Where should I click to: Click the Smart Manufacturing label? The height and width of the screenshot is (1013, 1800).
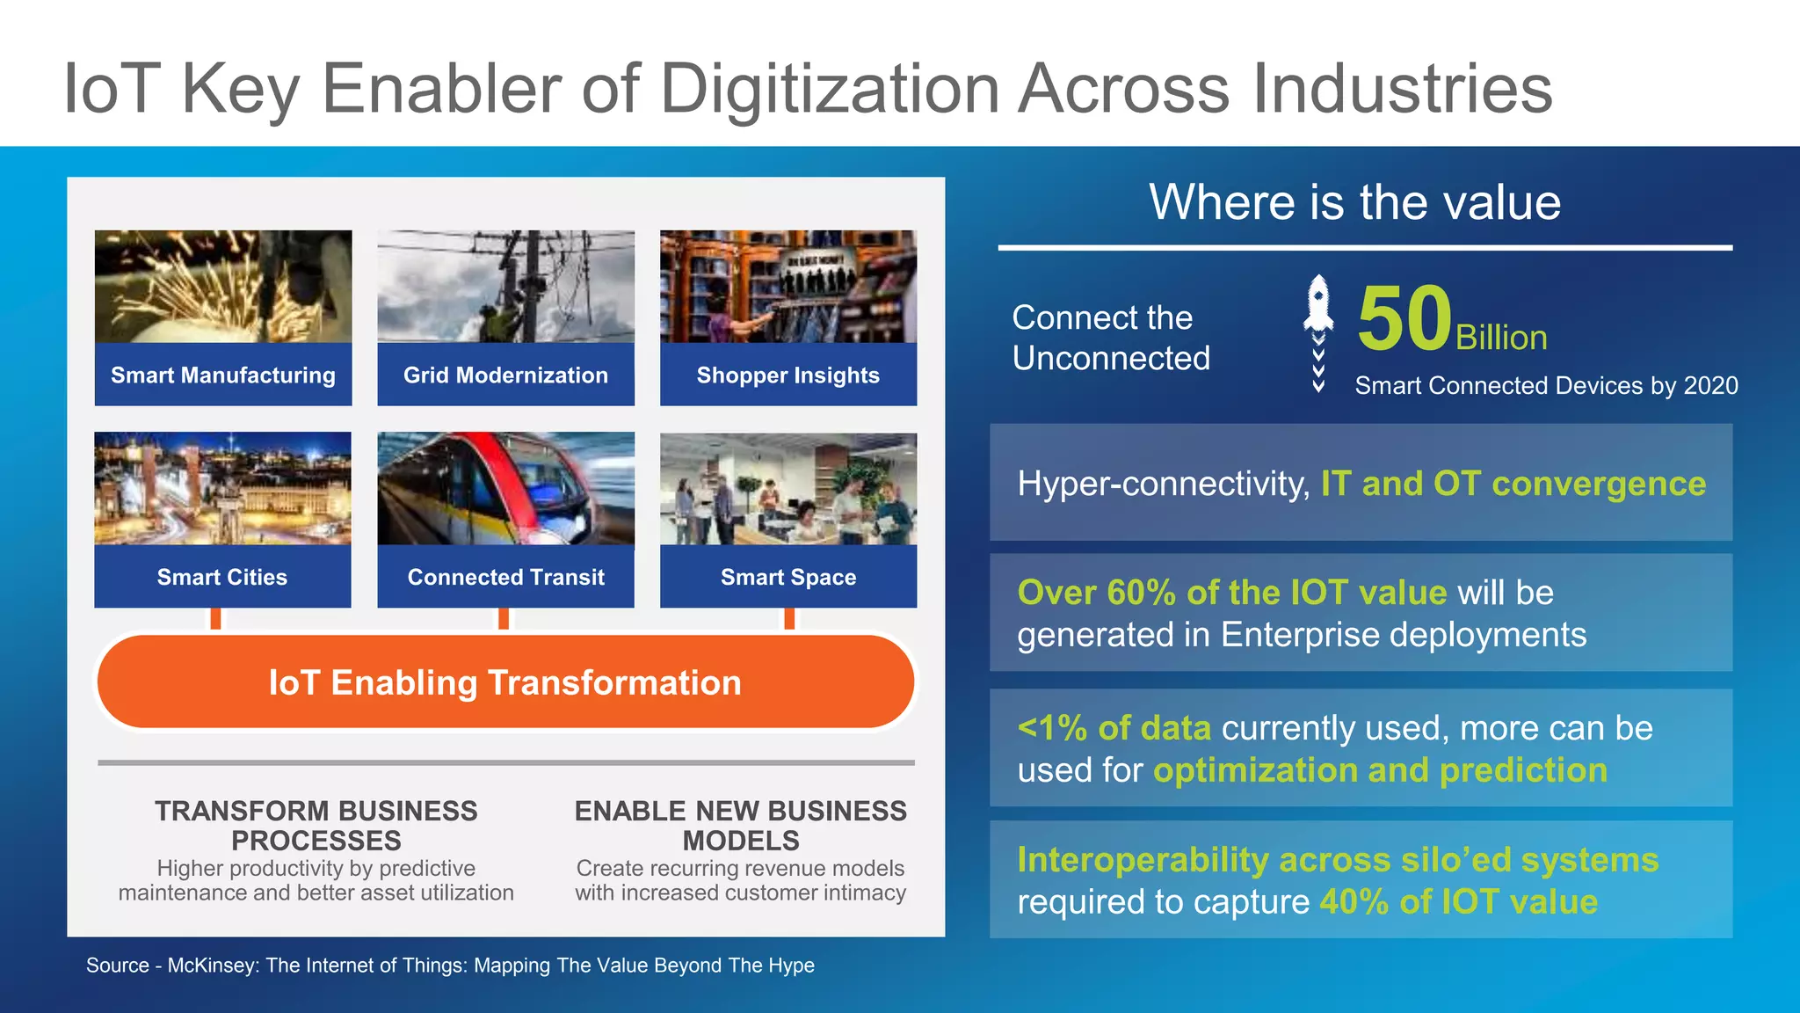click(x=223, y=375)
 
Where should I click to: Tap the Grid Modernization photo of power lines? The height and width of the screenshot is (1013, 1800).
click(x=505, y=287)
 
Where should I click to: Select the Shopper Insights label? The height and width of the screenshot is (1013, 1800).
click(x=787, y=375)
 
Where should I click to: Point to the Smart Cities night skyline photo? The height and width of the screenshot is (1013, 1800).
click(x=222, y=488)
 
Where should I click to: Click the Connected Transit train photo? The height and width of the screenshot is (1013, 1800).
click(x=505, y=488)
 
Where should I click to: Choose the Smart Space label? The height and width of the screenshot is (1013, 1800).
click(x=787, y=578)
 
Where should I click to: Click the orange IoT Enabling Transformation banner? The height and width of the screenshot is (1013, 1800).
click(x=505, y=682)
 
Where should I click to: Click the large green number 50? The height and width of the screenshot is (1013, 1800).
click(x=1404, y=318)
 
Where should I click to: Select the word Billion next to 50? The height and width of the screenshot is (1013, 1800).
click(x=1501, y=339)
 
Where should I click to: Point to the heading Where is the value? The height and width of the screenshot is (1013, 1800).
click(x=1354, y=202)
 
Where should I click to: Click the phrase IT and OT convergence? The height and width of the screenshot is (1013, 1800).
click(x=1513, y=484)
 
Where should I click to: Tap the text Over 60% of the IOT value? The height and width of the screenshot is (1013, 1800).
click(x=1231, y=593)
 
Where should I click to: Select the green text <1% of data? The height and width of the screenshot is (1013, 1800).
click(x=1114, y=728)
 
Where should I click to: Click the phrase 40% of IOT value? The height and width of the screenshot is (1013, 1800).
click(x=1458, y=902)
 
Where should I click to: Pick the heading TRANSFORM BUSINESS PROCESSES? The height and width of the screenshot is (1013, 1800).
click(x=316, y=825)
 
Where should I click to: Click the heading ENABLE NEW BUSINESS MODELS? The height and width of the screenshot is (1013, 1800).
click(x=740, y=825)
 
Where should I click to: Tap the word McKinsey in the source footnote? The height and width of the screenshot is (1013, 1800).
click(x=211, y=966)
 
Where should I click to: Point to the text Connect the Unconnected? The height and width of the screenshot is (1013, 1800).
click(x=1111, y=338)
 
